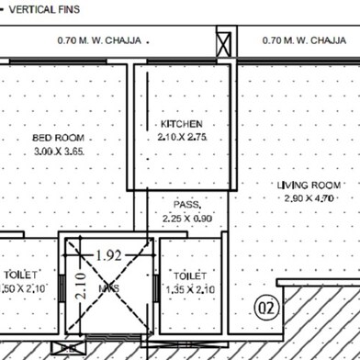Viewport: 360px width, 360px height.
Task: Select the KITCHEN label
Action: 181,123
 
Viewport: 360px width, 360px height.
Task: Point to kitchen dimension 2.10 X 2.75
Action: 181,136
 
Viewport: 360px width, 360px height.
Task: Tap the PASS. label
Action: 187,206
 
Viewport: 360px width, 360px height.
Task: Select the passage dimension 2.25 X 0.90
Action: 187,219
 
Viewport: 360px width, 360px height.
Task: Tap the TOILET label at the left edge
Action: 18,275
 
